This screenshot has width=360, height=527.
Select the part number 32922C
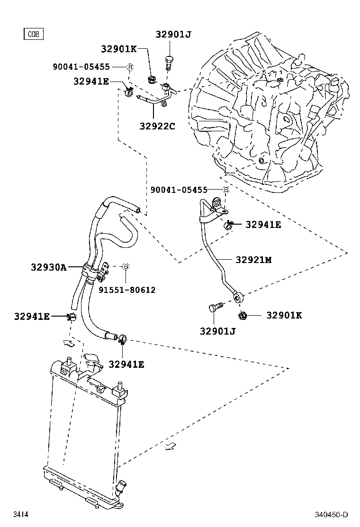tap(157, 126)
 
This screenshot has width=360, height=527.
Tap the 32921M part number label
tap(254, 260)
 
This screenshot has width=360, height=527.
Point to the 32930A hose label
tap(49, 267)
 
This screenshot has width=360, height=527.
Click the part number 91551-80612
tap(126, 290)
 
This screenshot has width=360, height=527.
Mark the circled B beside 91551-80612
tap(126, 267)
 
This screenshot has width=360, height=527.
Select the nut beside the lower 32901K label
tap(242, 315)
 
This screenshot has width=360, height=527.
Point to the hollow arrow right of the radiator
tap(171, 446)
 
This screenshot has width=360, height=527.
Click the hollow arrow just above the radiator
tap(68, 343)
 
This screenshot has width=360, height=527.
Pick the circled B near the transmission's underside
tap(226, 190)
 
